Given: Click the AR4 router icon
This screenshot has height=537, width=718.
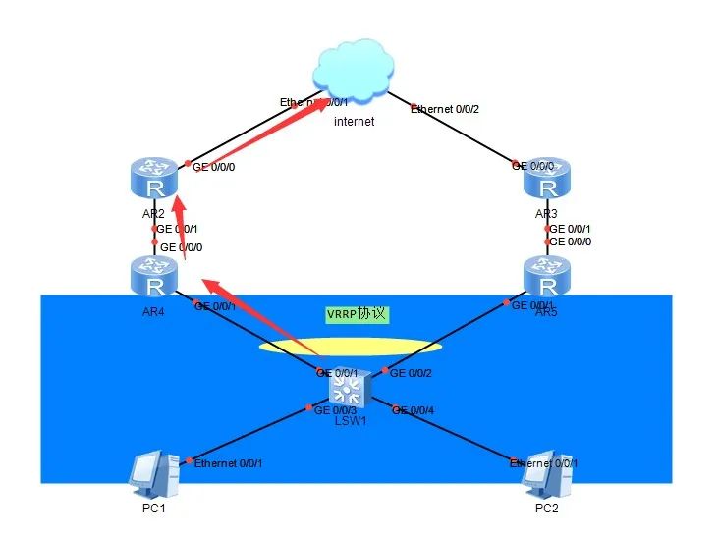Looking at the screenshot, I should coord(153,275).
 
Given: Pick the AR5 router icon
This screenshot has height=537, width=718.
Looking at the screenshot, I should coord(547,275).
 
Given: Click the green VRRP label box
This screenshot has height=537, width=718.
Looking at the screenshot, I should coord(358,315).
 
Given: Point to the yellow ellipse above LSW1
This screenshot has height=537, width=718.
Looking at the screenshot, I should coord(350,346).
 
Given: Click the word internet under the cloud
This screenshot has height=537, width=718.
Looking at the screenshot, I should coord(355,122).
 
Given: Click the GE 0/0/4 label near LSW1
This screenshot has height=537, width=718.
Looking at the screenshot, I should coord(414,410).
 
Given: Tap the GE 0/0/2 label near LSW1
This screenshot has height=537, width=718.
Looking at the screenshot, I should coord(411,373).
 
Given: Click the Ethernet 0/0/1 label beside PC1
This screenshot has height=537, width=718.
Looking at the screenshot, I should coord(229,463).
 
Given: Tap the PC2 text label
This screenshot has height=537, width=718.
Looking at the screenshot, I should coord(547,510).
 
